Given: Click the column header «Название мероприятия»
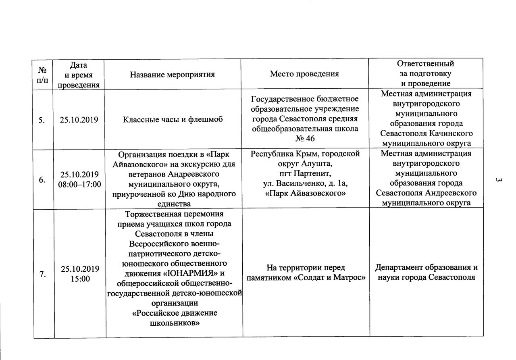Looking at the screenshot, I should click(172, 74).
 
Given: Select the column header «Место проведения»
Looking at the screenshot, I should click(304, 74).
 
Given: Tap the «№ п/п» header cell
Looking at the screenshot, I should click(44, 74).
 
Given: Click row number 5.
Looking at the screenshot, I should click(42, 119).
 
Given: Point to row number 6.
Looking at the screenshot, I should click(42, 179).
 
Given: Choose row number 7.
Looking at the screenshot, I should click(42, 274).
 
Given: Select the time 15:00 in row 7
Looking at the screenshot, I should click(79, 279).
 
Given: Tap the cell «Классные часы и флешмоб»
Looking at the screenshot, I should click(172, 119).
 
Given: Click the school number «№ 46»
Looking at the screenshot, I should click(305, 138).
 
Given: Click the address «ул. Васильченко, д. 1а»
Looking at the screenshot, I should click(305, 184).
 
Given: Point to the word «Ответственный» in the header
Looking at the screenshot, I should click(426, 64).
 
